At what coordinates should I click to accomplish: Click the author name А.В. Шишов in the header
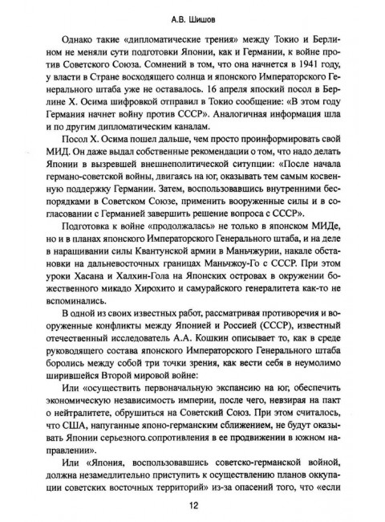click(192, 13)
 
